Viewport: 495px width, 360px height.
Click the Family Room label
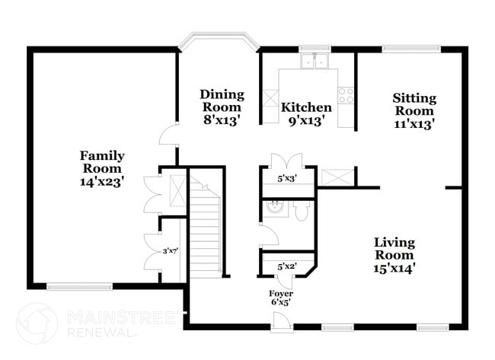tap(103, 168)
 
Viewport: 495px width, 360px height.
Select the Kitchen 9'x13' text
tap(306, 113)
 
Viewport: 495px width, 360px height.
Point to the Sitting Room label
tap(414, 110)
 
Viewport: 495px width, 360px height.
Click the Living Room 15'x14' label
tap(394, 255)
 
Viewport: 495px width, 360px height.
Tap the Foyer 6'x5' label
tap(280, 298)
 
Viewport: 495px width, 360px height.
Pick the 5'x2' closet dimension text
tap(286, 266)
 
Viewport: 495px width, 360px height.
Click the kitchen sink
tap(314, 61)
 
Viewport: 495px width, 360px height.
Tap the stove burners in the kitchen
tap(346, 95)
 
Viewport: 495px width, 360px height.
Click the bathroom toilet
tap(301, 210)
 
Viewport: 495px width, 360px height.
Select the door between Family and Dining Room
tap(167, 137)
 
